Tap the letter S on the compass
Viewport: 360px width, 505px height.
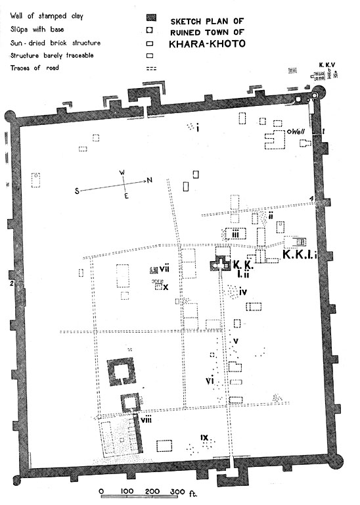click(x=78, y=190)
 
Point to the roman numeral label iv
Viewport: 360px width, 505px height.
click(x=242, y=291)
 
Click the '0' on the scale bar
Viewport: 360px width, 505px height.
click(x=101, y=491)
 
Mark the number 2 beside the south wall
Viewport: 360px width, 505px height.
click(x=11, y=283)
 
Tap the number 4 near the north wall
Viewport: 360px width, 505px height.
click(x=313, y=199)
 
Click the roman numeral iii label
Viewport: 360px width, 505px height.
click(x=235, y=233)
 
